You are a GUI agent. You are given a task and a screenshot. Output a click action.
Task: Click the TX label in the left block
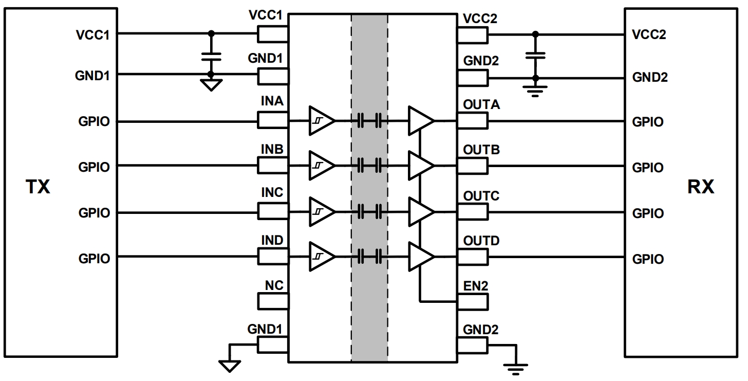point(38,187)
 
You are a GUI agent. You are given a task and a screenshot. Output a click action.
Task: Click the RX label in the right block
point(701,187)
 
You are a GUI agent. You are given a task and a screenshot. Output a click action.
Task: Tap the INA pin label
point(272,101)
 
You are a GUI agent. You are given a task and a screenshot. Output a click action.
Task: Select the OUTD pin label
point(481,241)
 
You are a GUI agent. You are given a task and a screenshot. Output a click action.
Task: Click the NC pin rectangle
point(273,300)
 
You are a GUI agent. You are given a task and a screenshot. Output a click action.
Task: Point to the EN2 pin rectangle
point(472,300)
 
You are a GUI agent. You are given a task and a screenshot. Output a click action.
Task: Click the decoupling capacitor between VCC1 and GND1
point(210,56)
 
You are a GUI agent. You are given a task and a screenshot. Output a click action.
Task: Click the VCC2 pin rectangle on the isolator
point(472,34)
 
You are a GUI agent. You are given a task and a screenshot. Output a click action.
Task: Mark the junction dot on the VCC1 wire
point(210,34)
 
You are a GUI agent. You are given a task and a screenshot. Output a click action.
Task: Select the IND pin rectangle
point(273,256)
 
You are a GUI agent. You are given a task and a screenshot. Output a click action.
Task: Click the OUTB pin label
point(481,150)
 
